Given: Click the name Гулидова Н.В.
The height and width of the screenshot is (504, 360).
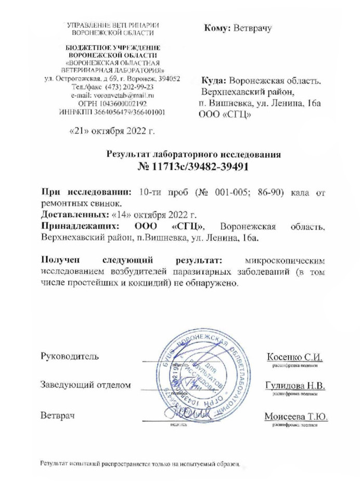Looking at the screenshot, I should coord(294,386).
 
